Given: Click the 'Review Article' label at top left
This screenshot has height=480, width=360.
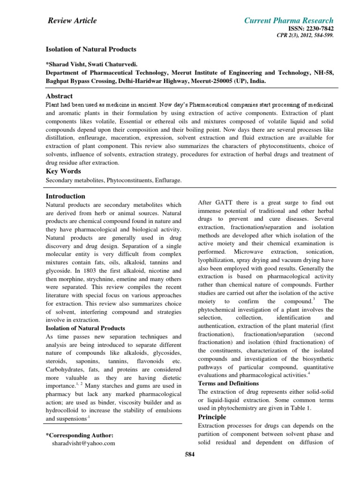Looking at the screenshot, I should pyautogui.click(x=73, y=20).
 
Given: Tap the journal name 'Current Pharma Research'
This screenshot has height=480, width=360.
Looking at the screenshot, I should pyautogui.click(x=289, y=20).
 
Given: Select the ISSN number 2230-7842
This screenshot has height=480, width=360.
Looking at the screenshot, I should pyautogui.click(x=312, y=29).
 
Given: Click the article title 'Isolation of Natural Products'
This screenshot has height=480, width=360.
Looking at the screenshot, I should pyautogui.click(x=90, y=49).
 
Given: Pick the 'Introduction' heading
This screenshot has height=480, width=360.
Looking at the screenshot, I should pyautogui.click(x=65, y=196).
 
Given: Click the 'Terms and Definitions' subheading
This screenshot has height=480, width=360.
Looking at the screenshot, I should pyautogui.click(x=229, y=383).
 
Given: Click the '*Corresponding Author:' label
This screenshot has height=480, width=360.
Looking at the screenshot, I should pyautogui.click(x=79, y=435).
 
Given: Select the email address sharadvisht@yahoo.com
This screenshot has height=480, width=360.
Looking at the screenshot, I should pyautogui.click(x=83, y=443).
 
